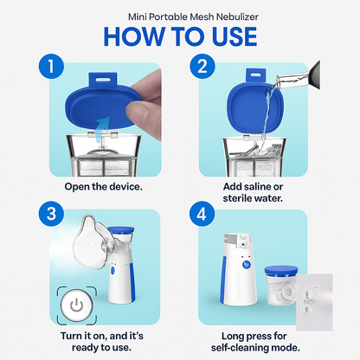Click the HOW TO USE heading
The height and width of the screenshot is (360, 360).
pyautogui.click(x=179, y=36)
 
